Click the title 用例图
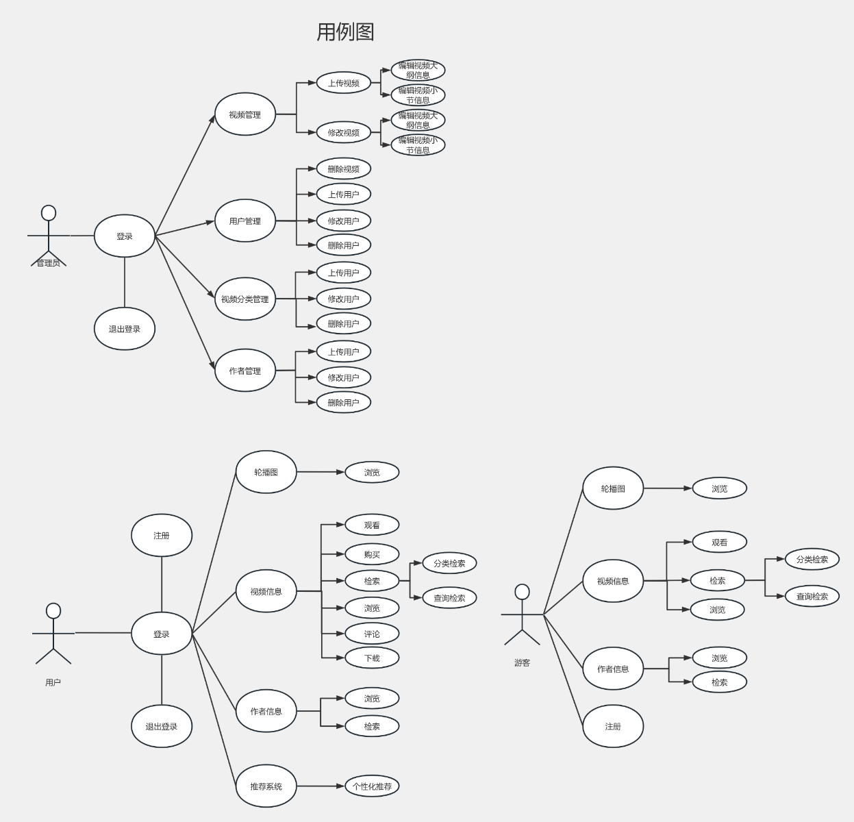tap(345, 32)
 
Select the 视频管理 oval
tap(245, 114)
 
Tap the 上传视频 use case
tap(343, 83)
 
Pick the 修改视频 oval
tap(343, 132)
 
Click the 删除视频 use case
tap(343, 169)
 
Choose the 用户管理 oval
tap(245, 221)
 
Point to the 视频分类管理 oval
tap(245, 299)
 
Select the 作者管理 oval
tap(245, 371)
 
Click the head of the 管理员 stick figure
tap(49, 213)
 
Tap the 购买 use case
tap(372, 554)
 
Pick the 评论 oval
tap(372, 634)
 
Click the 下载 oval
tap(372, 658)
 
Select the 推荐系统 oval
tap(266, 786)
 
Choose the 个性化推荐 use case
tap(372, 786)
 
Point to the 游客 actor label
tap(522, 662)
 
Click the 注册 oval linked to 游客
tap(613, 726)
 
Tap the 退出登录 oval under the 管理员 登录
tap(125, 329)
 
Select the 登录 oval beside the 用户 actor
tap(162, 634)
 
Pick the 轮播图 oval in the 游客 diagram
tap(613, 488)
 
